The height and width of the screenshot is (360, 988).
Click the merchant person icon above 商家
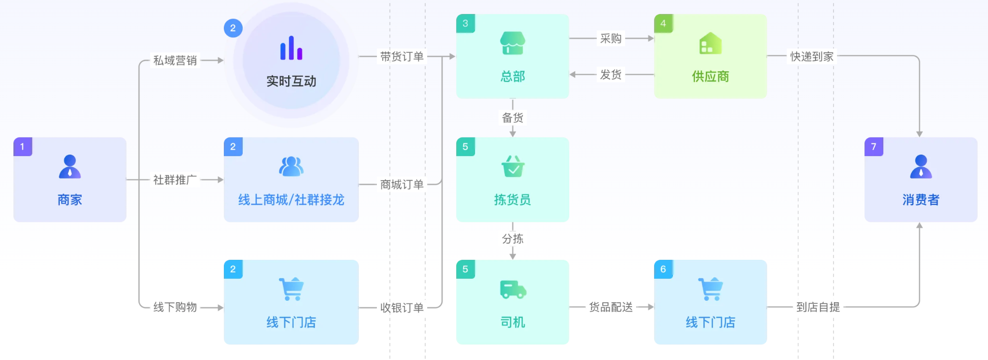pyautogui.click(x=70, y=167)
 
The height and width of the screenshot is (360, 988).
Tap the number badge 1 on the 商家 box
pyautogui.click(x=22, y=147)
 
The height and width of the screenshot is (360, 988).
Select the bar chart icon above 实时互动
pyautogui.click(x=291, y=48)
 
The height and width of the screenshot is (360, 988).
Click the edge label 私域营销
pyautogui.click(x=175, y=60)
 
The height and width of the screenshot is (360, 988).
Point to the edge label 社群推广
pyautogui.click(x=175, y=180)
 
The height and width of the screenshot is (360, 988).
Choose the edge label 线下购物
pyautogui.click(x=175, y=307)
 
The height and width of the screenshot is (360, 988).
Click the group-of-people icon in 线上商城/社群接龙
pyautogui.click(x=291, y=167)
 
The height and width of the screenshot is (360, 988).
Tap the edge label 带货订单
pyautogui.click(x=402, y=56)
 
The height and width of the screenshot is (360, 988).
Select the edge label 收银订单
pyautogui.click(x=402, y=308)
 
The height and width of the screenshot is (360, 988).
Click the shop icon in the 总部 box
pyautogui.click(x=512, y=43)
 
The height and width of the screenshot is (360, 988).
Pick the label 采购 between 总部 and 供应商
pyautogui.click(x=611, y=38)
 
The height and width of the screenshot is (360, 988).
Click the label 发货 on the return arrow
pyautogui.click(x=611, y=75)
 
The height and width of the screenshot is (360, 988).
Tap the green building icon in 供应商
pyautogui.click(x=710, y=43)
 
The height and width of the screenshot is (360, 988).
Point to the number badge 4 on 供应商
pyautogui.click(x=663, y=23)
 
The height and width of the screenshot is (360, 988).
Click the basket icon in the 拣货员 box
pyautogui.click(x=512, y=167)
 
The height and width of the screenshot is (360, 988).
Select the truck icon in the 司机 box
pyautogui.click(x=512, y=289)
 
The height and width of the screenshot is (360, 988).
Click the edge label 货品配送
pyautogui.click(x=611, y=307)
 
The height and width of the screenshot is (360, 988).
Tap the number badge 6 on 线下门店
pyautogui.click(x=663, y=269)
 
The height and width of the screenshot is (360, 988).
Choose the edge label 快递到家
pyautogui.click(x=812, y=56)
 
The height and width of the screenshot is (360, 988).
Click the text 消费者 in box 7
pyautogui.click(x=921, y=200)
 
